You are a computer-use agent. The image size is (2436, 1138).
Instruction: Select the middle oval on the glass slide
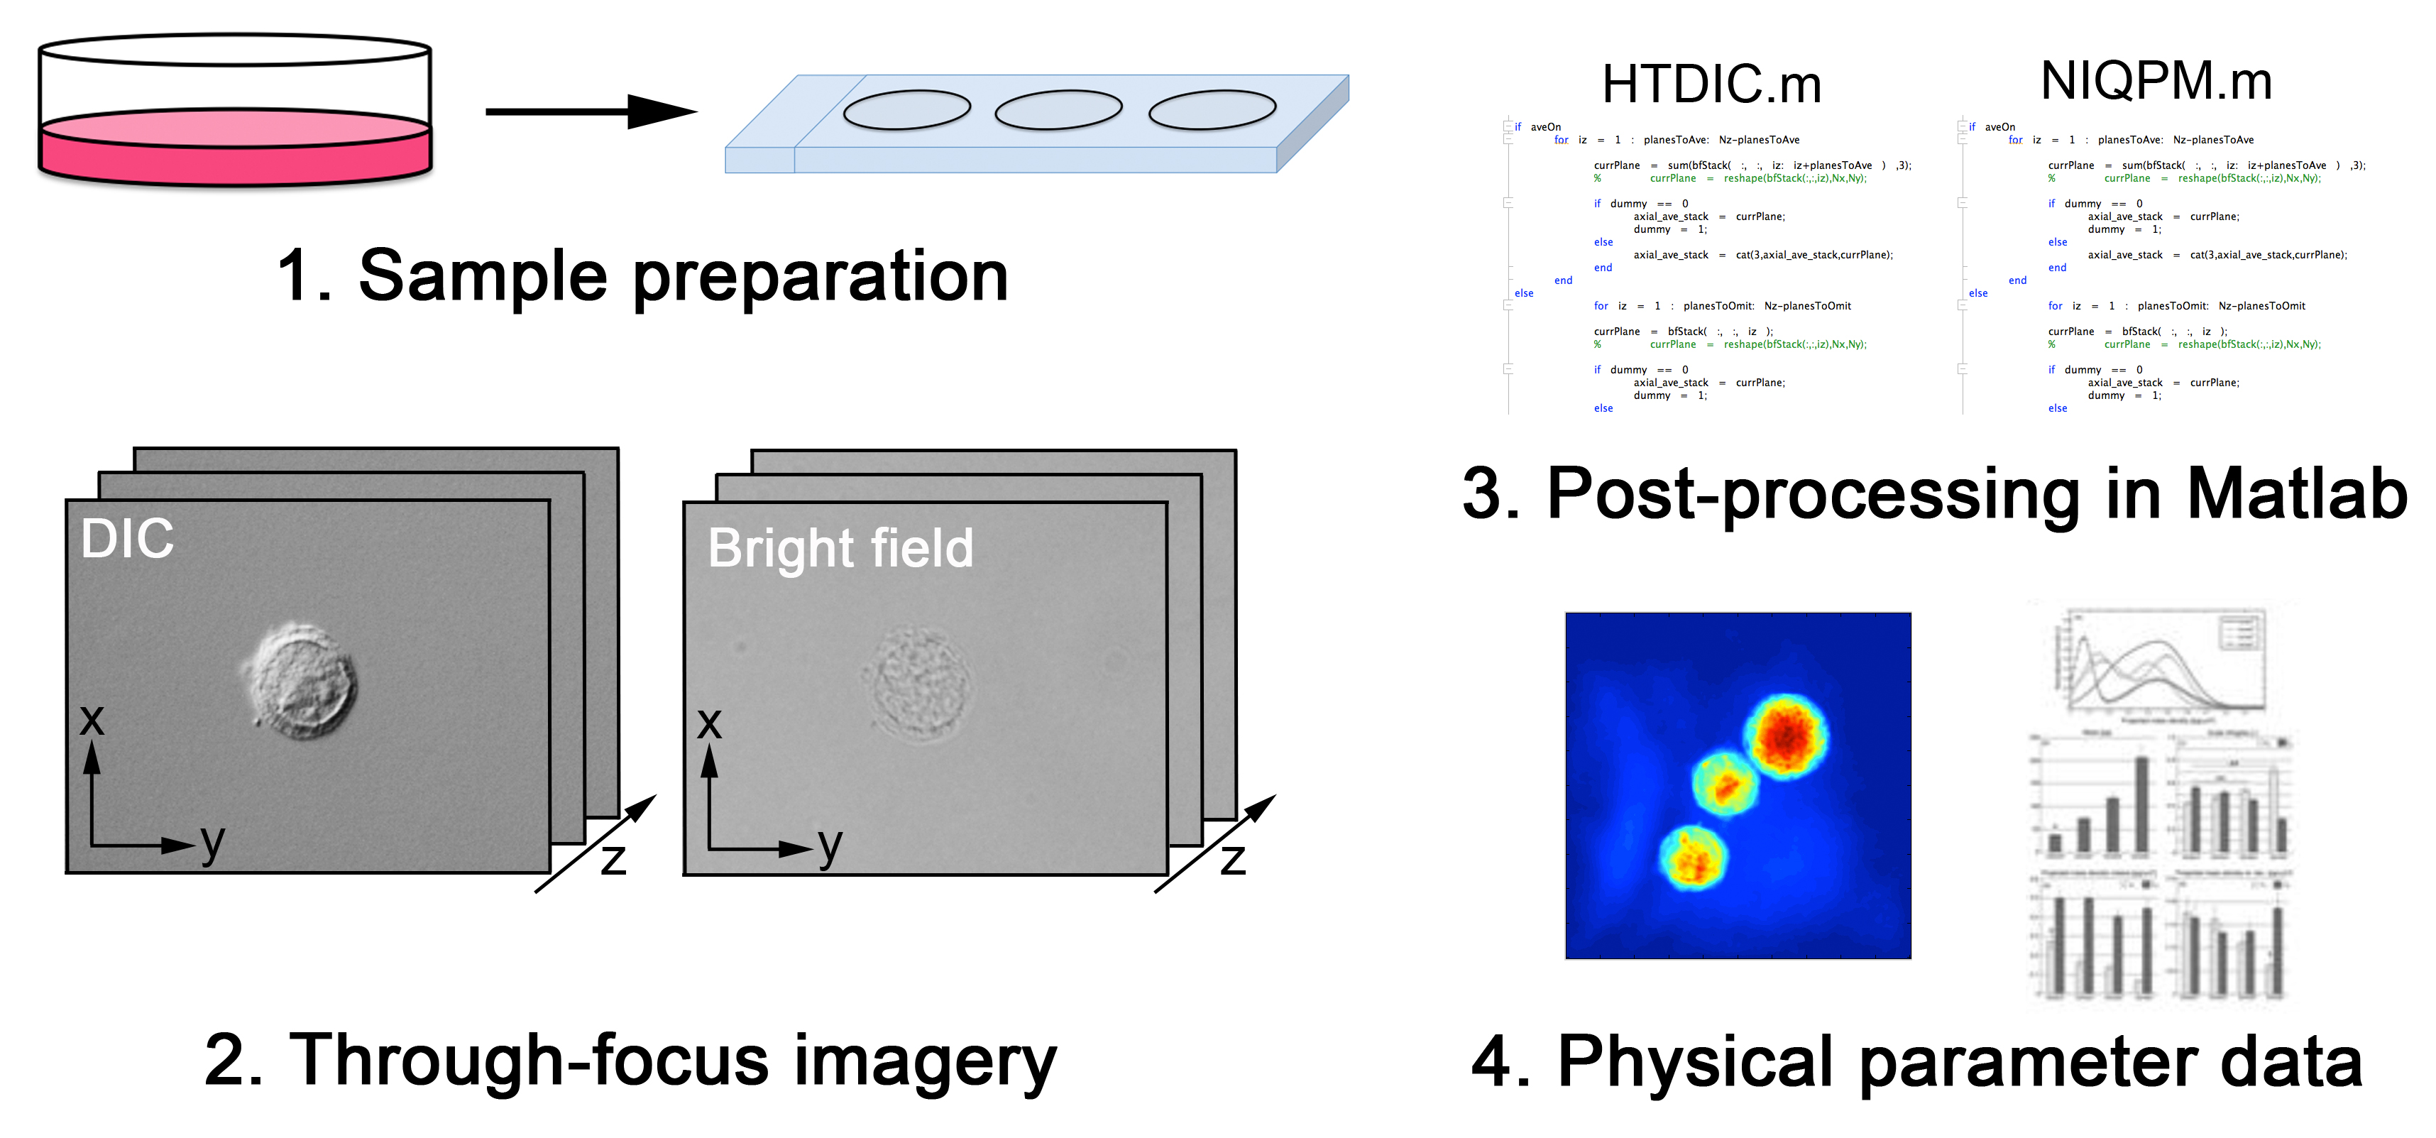pos(1058,110)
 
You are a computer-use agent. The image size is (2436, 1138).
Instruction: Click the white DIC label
pos(127,540)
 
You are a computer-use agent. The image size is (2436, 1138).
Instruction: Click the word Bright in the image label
pos(781,549)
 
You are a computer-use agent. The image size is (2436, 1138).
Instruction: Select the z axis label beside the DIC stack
pos(613,859)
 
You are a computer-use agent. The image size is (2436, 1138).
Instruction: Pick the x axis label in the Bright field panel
pos(708,723)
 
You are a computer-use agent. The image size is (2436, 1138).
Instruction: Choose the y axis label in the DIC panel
pos(213,842)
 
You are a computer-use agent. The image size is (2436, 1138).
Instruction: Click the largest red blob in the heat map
pos(1785,736)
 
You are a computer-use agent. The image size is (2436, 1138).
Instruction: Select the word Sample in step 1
pos(482,276)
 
